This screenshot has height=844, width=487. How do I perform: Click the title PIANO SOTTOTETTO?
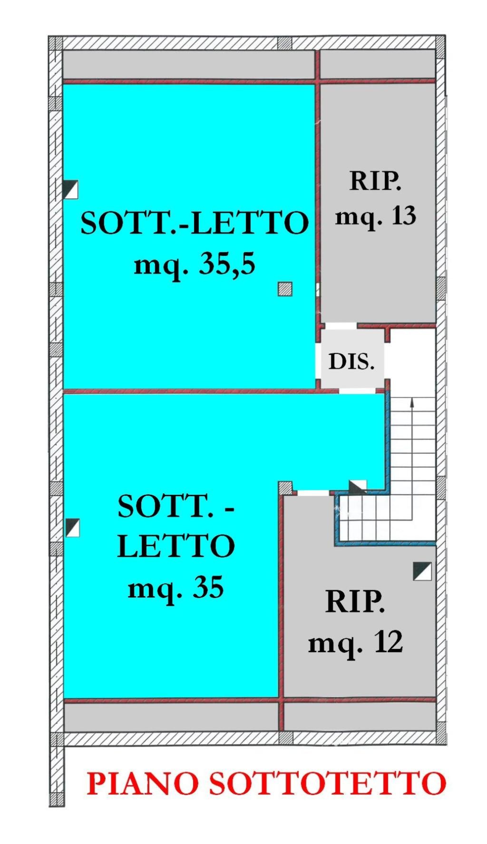pyautogui.click(x=267, y=784)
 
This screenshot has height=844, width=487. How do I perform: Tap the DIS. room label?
pyautogui.click(x=351, y=362)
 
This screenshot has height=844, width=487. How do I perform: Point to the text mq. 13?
pyautogui.click(x=376, y=216)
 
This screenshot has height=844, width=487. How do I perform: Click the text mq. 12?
pyautogui.click(x=356, y=642)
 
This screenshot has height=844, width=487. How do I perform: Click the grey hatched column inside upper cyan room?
pyautogui.click(x=285, y=289)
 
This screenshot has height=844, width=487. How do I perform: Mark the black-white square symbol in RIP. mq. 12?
pyautogui.click(x=422, y=571)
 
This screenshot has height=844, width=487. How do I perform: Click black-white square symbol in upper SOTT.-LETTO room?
pyautogui.click(x=70, y=189)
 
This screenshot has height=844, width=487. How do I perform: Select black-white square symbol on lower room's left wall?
pyautogui.click(x=72, y=528)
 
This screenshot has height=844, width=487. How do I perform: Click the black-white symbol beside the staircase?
pyautogui.click(x=358, y=486)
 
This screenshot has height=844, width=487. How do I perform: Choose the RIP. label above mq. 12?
pyautogui.click(x=355, y=602)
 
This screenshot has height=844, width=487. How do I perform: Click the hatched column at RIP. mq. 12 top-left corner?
pyautogui.click(x=285, y=488)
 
